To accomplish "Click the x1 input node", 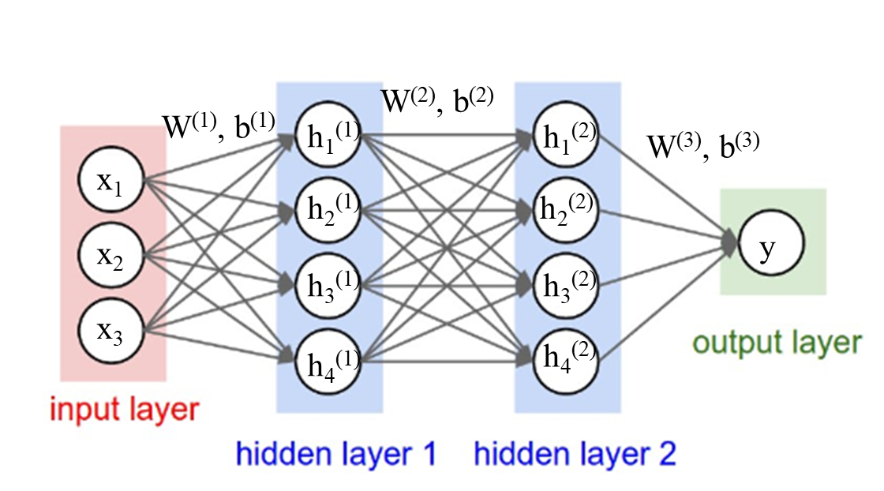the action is [x=111, y=179].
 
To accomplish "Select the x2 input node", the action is [x=111, y=255].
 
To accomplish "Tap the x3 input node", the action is [x=111, y=330].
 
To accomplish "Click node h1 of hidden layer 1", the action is [x=328, y=134].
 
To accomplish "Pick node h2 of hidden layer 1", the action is [x=328, y=210].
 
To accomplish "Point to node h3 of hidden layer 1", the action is [x=328, y=286].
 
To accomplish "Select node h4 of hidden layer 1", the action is [x=328, y=362].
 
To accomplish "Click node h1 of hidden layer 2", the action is [x=565, y=134].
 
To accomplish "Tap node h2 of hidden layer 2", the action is [x=565, y=210].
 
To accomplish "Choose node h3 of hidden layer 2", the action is [x=565, y=286].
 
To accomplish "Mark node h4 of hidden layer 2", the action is [x=565, y=362].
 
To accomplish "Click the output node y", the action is [x=770, y=242].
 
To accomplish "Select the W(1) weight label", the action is [x=189, y=126].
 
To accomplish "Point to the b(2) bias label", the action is [x=474, y=99].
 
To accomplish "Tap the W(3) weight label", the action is [x=674, y=144].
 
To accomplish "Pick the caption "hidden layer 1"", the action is [x=336, y=453].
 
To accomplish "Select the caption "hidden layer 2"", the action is [x=575, y=453].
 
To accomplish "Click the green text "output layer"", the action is [x=777, y=342].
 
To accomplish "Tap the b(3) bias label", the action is [x=740, y=145].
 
